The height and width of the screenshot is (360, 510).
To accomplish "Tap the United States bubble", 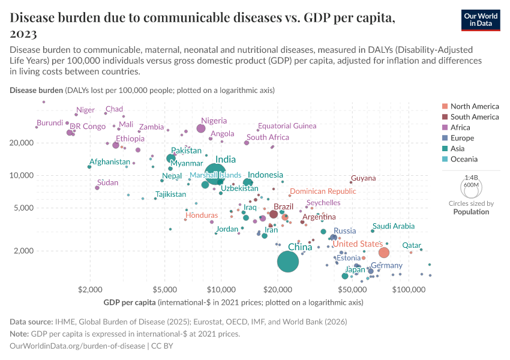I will point(384,253).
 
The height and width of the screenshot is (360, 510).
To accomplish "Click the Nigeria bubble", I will point(201,128).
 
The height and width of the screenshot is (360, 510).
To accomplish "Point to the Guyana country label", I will point(364,178).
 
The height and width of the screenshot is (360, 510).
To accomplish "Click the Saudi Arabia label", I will point(394,226).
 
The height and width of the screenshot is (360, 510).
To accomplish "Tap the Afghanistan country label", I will point(110,162).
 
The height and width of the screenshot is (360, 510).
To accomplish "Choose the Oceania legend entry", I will point(464,159).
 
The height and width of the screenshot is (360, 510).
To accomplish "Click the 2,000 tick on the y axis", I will point(23,251).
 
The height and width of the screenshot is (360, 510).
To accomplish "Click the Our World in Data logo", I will point(482,20).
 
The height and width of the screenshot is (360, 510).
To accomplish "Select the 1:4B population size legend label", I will point(471,178).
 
